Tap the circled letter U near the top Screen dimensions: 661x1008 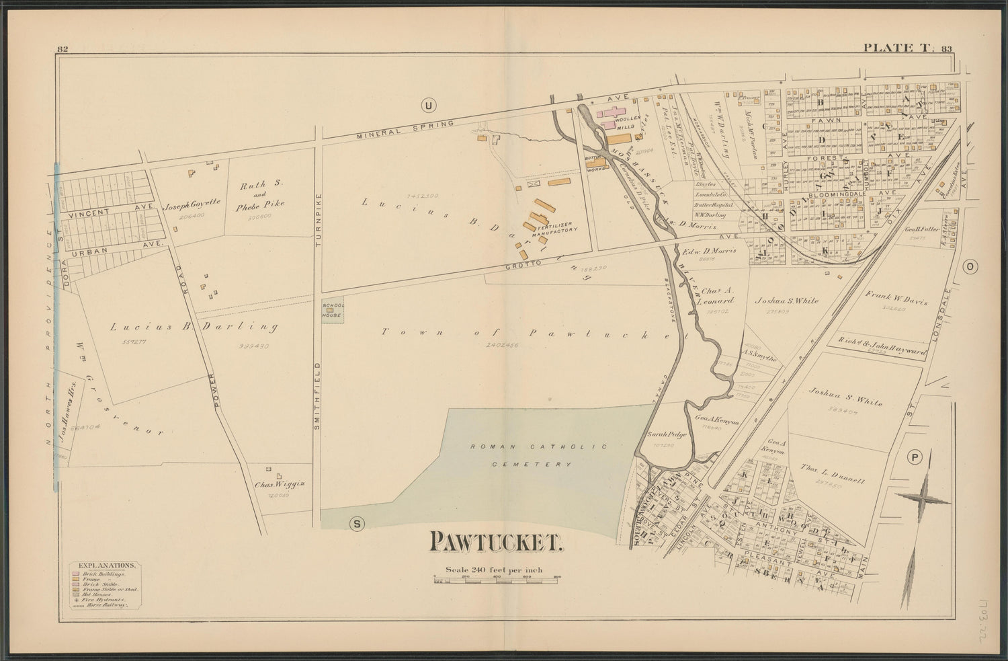click(427, 104)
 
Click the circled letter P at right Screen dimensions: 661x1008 click(914, 457)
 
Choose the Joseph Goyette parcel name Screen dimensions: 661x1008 click(185, 208)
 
